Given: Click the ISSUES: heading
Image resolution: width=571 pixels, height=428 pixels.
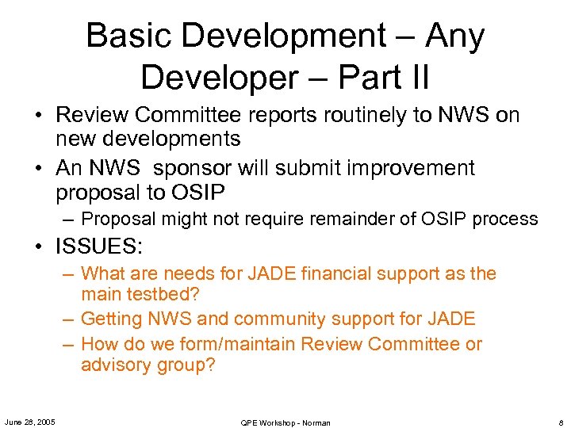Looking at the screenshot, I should pos(99,246).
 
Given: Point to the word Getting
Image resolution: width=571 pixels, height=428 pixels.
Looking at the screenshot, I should pos(112,319).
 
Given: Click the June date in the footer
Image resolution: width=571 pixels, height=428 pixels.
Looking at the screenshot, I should pos(29,422).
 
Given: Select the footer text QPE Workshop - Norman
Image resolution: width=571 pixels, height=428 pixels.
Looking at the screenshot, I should pos(285,422).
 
